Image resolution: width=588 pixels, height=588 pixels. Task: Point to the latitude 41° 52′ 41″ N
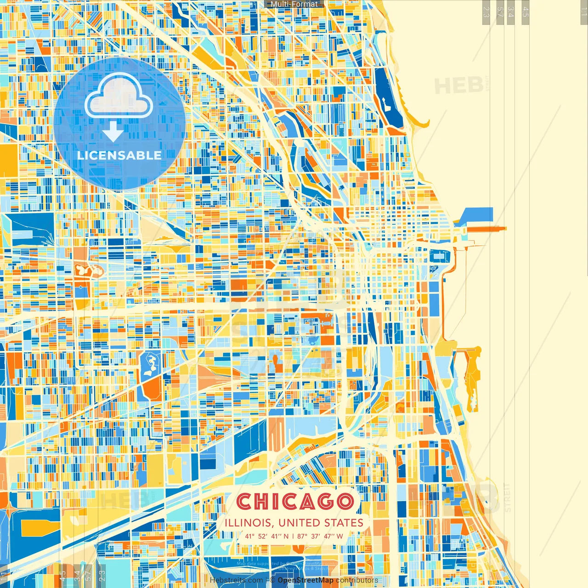pyautogui.click(x=267, y=536)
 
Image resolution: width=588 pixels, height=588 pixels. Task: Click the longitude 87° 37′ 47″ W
pyautogui.click(x=320, y=536)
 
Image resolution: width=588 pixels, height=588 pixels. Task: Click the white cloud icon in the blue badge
pyautogui.click(x=119, y=97)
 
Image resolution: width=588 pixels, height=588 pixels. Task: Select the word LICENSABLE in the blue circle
pyautogui.click(x=119, y=155)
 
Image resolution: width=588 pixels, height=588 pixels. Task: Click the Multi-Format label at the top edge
pyautogui.click(x=294, y=4)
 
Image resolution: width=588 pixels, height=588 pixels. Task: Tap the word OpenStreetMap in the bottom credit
pyautogui.click(x=305, y=580)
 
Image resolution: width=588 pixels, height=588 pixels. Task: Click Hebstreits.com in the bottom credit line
pyautogui.click(x=236, y=580)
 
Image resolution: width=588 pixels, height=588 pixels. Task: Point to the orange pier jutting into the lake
pyautogui.click(x=487, y=228)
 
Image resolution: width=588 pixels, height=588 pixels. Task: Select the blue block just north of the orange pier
pyautogui.click(x=478, y=215)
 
